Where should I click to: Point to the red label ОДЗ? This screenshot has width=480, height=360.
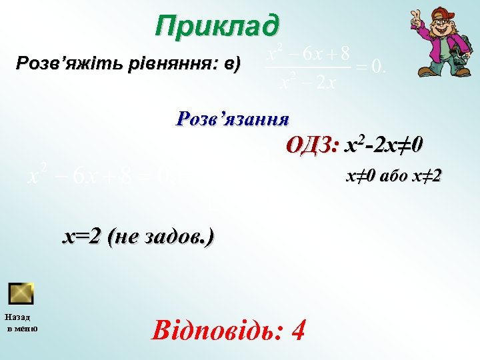313,145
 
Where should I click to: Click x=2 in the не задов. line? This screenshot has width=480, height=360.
82,236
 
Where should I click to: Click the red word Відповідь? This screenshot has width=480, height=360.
212,329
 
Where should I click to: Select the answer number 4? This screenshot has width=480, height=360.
299,329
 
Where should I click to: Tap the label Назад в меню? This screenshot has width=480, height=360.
22,323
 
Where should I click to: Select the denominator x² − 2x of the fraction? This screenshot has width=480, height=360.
307,83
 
